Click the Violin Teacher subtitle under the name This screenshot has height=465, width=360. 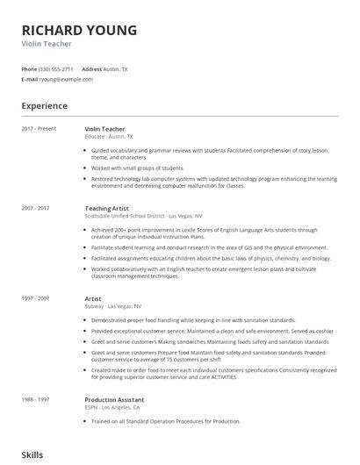(47, 42)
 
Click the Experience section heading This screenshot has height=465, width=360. (44, 106)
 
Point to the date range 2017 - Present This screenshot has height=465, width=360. (38, 129)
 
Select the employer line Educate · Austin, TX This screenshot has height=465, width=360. (109, 137)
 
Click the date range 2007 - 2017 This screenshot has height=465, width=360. (35, 208)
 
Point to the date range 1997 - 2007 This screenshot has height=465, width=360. (35, 298)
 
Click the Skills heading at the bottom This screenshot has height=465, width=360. (32, 456)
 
